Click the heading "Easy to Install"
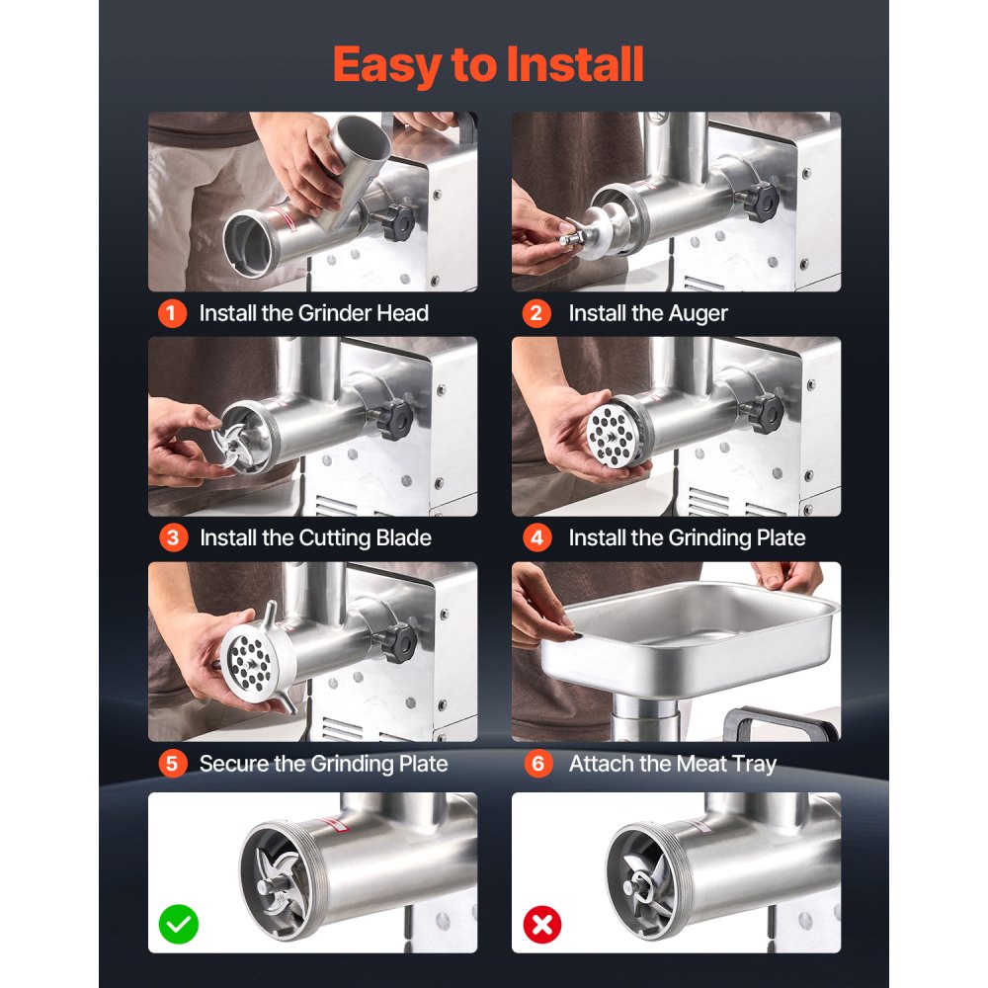[x=488, y=65]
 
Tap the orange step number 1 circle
[x=172, y=313]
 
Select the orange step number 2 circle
[x=536, y=313]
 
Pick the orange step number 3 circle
[x=173, y=538]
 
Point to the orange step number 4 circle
[x=536, y=538]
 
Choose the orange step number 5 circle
[x=173, y=764]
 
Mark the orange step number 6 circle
[x=538, y=764]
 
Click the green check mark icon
[x=178, y=925]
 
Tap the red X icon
[x=541, y=925]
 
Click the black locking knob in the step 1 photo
[x=397, y=222]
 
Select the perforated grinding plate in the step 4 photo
[x=612, y=434]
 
